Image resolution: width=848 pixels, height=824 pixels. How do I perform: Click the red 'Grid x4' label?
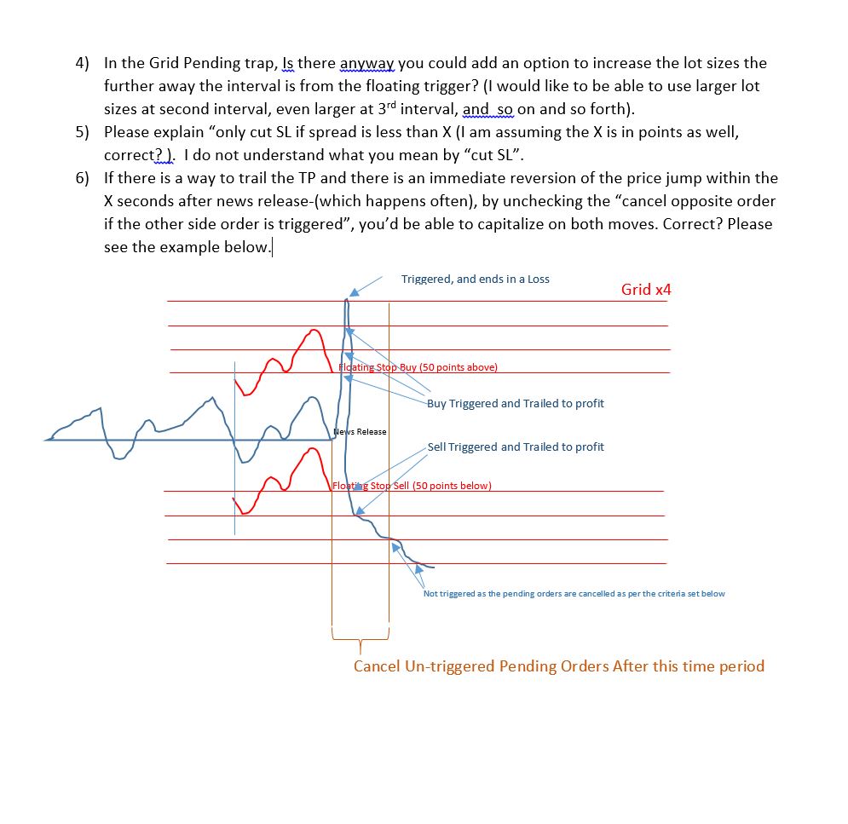click(646, 290)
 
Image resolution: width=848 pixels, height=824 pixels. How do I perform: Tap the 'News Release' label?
click(360, 432)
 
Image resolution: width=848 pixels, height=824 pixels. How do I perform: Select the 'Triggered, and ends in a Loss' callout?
click(475, 279)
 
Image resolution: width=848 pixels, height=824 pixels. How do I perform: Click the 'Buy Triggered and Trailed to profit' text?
click(515, 404)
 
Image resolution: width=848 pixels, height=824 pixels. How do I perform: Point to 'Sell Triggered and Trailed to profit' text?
click(515, 447)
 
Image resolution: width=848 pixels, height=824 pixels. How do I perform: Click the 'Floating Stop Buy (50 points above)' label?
click(418, 368)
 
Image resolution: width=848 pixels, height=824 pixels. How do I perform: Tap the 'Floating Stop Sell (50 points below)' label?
click(412, 487)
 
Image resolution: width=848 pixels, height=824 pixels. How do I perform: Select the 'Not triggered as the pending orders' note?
click(574, 594)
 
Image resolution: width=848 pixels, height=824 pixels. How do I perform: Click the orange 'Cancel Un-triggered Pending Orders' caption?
click(558, 666)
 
